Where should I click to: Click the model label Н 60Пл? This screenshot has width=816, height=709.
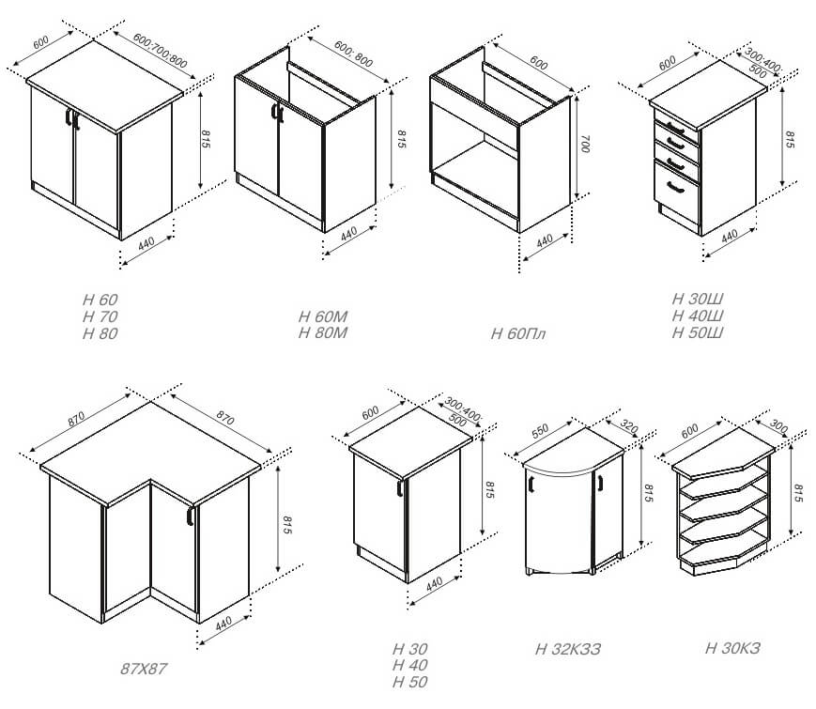coord(517,333)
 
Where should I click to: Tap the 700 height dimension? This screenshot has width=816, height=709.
coord(585,145)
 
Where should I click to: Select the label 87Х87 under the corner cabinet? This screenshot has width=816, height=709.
coord(144,669)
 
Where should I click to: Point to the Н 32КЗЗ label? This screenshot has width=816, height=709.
coord(568,649)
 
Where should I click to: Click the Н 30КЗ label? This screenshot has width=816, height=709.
coord(732,648)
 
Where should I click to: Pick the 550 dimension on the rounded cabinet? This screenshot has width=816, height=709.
coord(540,430)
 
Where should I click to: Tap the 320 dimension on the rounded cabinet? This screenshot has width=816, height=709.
coord(628,427)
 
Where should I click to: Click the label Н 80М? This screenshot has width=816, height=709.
coord(323,332)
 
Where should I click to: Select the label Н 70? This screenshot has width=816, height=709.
coord(100,316)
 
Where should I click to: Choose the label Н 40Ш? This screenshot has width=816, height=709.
coord(698,316)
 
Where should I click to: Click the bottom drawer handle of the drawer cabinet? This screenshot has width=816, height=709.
coord(675,188)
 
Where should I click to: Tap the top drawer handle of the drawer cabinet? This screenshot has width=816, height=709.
coord(675,128)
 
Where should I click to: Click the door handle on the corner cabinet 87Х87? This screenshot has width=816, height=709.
coord(190,516)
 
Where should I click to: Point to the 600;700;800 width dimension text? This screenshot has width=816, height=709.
coord(160,51)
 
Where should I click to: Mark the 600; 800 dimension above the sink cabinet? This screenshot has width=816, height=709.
coord(353,54)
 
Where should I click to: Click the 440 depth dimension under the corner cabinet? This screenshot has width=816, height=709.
coord(223,624)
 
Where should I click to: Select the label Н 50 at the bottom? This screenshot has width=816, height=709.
coord(410,682)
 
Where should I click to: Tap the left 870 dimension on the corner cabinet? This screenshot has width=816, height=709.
coord(76,420)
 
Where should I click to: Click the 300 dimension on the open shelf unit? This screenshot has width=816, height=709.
coord(778,425)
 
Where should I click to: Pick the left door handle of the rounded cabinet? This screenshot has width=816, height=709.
coord(531,484)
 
